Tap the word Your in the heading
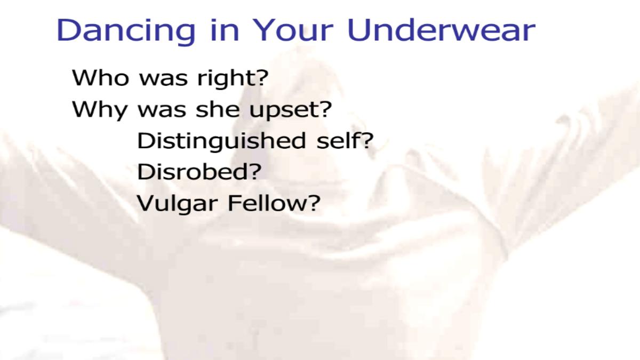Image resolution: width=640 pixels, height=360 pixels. (292, 30)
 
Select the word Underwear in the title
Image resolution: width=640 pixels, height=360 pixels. (441, 30)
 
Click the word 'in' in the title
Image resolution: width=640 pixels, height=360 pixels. (224, 30)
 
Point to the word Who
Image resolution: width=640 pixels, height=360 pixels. (100, 77)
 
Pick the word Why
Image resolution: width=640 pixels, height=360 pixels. (99, 110)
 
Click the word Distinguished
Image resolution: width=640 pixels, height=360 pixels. (222, 141)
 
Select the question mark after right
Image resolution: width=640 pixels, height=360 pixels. (261, 77)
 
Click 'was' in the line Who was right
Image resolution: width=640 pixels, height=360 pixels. (163, 80)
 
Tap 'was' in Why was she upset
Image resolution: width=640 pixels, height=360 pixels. (162, 111)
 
